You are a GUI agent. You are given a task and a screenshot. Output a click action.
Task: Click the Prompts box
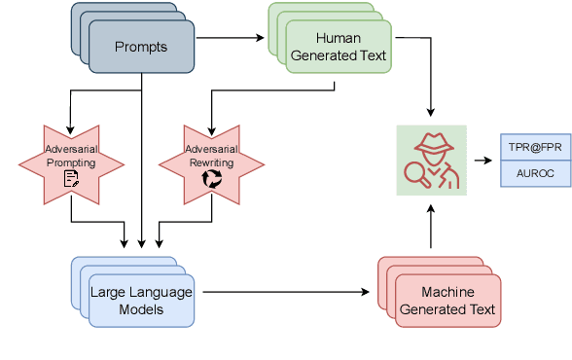(x=140, y=47)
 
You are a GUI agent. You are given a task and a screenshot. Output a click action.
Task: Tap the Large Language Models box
(x=141, y=300)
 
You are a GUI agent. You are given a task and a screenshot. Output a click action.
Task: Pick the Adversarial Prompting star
(x=71, y=157)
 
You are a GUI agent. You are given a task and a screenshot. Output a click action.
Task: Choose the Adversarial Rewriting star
(x=211, y=157)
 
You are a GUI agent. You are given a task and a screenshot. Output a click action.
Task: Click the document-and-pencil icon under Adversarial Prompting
(x=71, y=178)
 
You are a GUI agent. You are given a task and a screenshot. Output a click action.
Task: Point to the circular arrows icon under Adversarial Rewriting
(x=211, y=178)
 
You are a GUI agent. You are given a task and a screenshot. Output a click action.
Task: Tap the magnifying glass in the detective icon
(x=415, y=172)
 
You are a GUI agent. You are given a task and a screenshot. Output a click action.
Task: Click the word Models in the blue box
(x=141, y=308)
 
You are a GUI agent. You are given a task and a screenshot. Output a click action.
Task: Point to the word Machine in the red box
(x=447, y=292)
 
